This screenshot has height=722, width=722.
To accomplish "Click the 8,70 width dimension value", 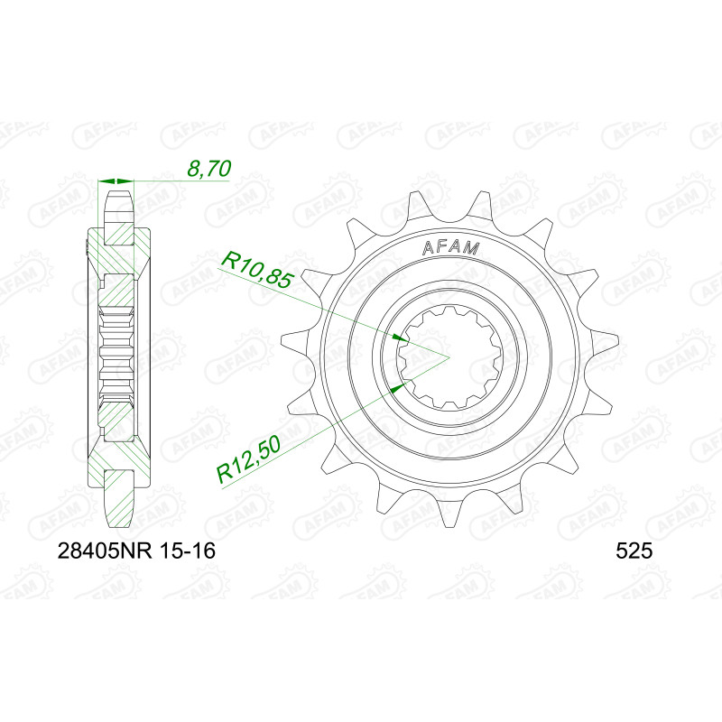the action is coord(208,169).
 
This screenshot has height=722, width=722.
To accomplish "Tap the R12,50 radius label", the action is coord(250,460).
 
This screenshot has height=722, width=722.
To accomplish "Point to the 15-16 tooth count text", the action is coord(188,551).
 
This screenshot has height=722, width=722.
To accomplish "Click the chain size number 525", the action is coord(634,551).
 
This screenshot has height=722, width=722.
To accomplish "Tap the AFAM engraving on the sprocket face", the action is coord(450,248).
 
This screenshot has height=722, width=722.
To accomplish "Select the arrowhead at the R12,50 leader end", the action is coord(398,387).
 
